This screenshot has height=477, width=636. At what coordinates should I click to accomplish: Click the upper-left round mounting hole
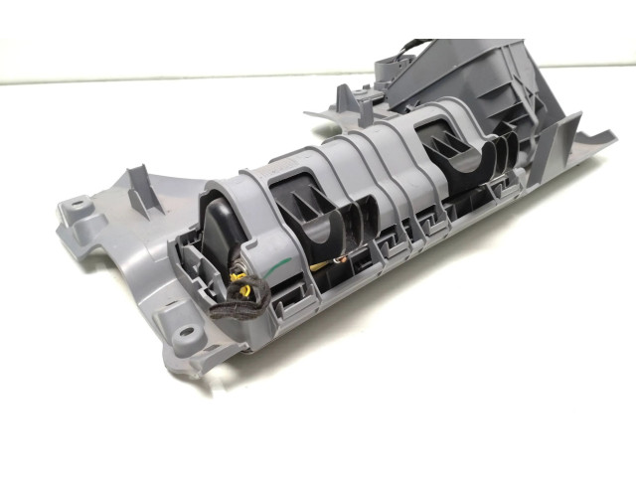(x=74, y=209)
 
